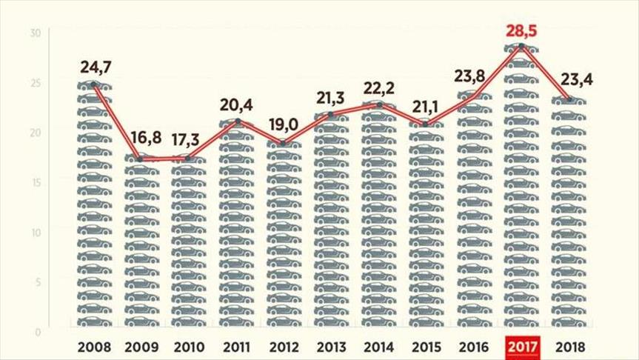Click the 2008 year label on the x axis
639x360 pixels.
pos(94,346)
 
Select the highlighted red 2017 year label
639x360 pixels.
pos(522,346)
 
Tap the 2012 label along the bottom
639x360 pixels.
pos(284,346)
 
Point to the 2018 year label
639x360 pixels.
pos(570,346)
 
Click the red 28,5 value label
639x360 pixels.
pos(522,31)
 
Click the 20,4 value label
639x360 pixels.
pos(236,104)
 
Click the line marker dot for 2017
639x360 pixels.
pos(522,46)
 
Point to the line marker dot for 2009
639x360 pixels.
pos(140,159)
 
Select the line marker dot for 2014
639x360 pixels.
pos(380,105)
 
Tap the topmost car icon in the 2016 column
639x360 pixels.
pos(475,96)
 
